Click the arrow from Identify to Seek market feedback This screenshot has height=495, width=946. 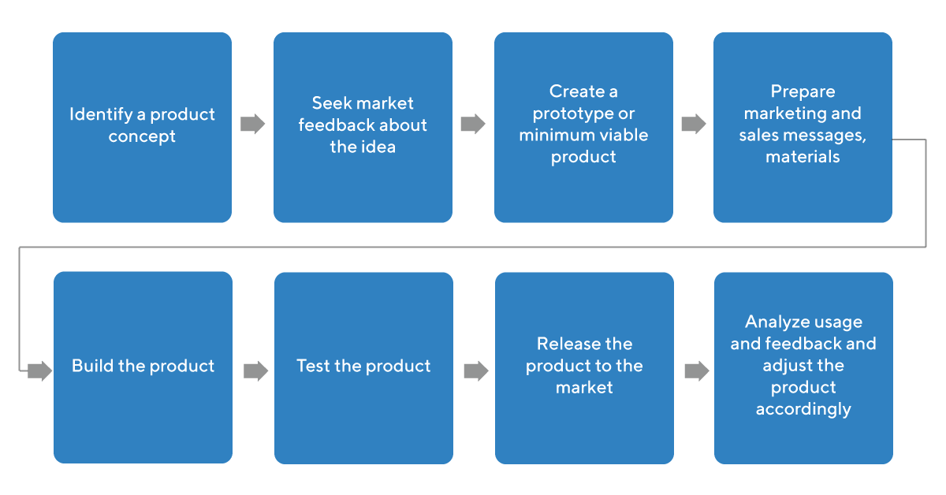pos(252,124)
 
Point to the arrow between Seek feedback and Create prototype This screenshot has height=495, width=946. pos(473,124)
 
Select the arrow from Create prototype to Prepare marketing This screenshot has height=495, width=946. pos(694,124)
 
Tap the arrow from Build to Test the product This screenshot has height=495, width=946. pos(255,370)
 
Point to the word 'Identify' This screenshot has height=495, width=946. pos(99,114)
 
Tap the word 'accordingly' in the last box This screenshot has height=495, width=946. pos(803,409)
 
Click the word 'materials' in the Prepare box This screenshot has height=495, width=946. pos(803,157)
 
